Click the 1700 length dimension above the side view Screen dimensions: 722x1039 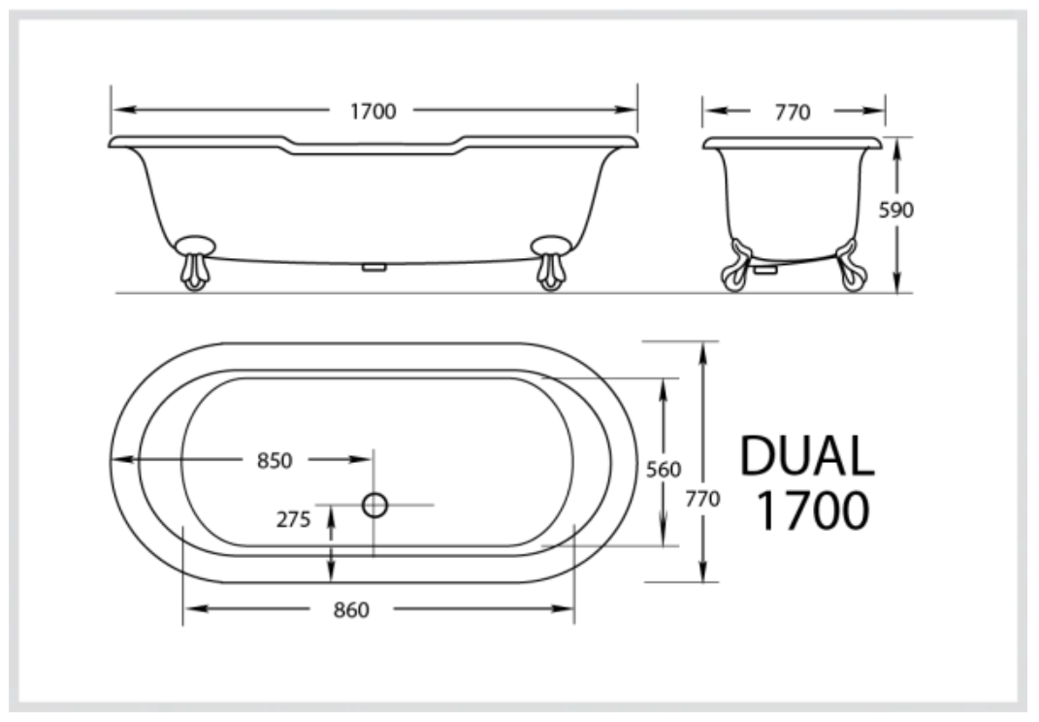[373, 112]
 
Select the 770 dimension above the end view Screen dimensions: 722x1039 [793, 112]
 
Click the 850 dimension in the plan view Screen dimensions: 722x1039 [275, 461]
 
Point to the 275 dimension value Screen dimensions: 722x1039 [293, 519]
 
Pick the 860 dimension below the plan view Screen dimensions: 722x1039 [351, 610]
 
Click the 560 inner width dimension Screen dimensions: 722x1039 [664, 470]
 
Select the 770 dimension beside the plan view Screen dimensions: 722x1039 [702, 500]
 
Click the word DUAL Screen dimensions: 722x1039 [807, 456]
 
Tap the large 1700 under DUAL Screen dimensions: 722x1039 [811, 511]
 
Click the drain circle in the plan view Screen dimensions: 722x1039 [374, 504]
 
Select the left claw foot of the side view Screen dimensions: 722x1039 [196, 262]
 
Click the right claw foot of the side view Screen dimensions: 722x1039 [551, 262]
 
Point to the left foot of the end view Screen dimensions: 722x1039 [737, 267]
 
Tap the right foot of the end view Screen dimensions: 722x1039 [852, 267]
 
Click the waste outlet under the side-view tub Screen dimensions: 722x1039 [373, 266]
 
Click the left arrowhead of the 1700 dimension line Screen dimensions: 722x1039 [117, 112]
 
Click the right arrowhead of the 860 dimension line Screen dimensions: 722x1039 [568, 609]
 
